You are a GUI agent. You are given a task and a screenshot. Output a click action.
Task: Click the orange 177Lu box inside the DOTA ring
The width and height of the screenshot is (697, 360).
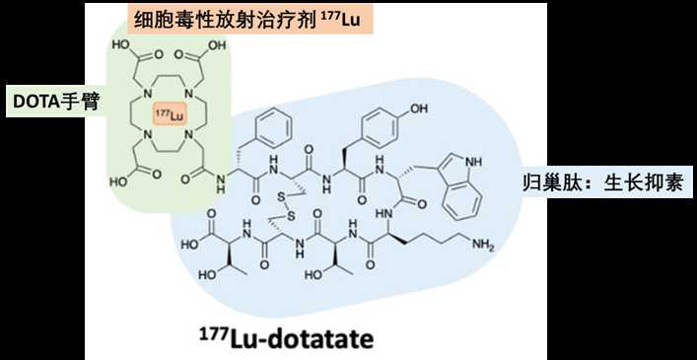[x=169, y=114]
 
